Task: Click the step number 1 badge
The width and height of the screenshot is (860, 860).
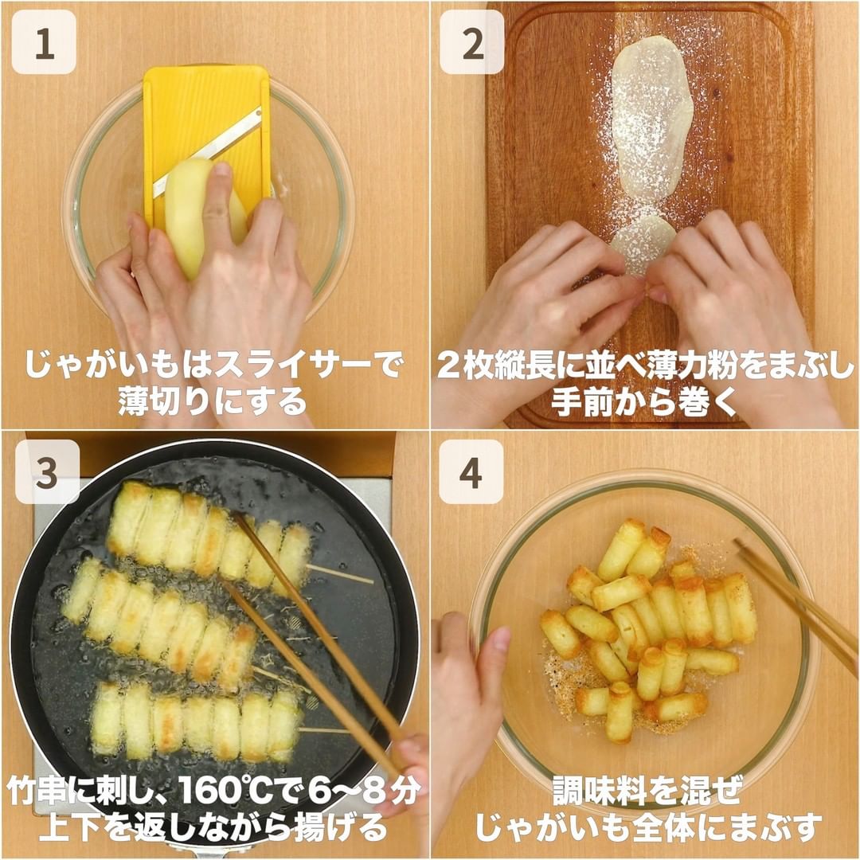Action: click(44, 42)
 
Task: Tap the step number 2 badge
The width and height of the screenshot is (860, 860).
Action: click(471, 42)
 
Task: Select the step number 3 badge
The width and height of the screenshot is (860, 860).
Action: click(47, 471)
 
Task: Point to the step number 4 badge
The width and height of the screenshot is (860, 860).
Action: click(471, 471)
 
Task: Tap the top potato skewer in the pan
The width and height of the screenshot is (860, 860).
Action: click(209, 537)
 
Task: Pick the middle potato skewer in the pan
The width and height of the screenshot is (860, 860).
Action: click(159, 620)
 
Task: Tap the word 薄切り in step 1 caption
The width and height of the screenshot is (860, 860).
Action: click(165, 402)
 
